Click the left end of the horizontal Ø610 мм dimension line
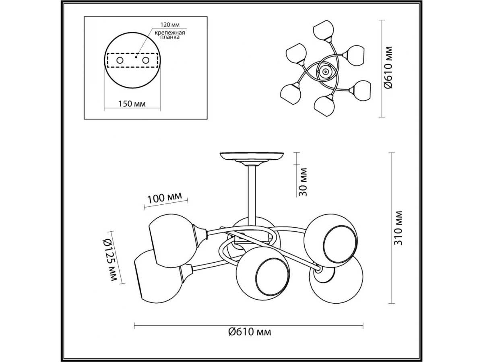[134, 332]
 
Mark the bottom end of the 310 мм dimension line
[392, 303]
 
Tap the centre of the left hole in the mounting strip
[120, 60]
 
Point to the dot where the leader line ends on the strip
[136, 58]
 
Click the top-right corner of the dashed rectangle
[158, 53]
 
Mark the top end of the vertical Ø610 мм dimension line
[382, 20]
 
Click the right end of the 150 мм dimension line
[160, 108]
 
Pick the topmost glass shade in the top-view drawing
[324, 30]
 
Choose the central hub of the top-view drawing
[325, 72]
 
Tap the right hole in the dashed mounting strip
[146, 60]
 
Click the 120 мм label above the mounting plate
[170, 25]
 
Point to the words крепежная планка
[170, 35]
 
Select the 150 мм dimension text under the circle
[132, 103]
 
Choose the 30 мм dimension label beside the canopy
[303, 182]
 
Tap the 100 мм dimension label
[165, 197]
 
